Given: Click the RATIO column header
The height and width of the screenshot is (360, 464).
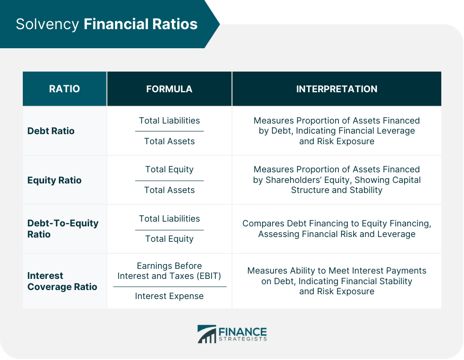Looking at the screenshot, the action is point(65,89).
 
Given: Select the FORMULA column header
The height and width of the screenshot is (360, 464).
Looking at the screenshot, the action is point(169,89).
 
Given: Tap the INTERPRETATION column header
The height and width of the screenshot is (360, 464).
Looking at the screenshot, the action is point(337,89).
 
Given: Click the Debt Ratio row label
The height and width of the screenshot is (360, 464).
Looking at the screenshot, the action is point(51,131).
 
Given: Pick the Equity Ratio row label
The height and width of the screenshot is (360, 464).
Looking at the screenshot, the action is point(54,180).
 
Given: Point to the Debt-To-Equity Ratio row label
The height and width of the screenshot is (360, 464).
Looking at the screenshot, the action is point(63,229).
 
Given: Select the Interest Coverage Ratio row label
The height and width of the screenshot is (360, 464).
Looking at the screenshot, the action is point(62,281).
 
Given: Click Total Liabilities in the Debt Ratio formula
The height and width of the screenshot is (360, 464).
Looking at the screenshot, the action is point(169,120).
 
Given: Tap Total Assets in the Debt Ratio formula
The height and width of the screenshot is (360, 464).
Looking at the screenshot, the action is point(169,141).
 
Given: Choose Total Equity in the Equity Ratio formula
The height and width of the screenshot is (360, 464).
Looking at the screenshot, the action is point(169,170).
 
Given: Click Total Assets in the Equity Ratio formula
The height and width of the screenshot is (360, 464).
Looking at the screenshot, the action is point(169,190).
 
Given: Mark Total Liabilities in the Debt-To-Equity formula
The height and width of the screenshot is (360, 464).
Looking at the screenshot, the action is point(169,218).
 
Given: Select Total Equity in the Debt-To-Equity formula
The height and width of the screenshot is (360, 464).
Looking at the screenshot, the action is point(169,239).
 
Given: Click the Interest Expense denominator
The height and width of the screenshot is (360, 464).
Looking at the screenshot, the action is point(169,296).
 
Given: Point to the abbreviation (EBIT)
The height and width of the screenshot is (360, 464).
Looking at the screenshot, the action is point(208,276).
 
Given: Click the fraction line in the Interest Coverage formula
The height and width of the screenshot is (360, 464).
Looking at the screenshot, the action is point(170,287).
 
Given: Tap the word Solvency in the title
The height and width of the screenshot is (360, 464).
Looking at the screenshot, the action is point(47,24).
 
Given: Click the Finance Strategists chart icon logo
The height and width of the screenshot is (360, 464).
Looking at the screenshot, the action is point(207,334).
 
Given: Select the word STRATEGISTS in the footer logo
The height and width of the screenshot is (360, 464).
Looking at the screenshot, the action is point(243,339).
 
